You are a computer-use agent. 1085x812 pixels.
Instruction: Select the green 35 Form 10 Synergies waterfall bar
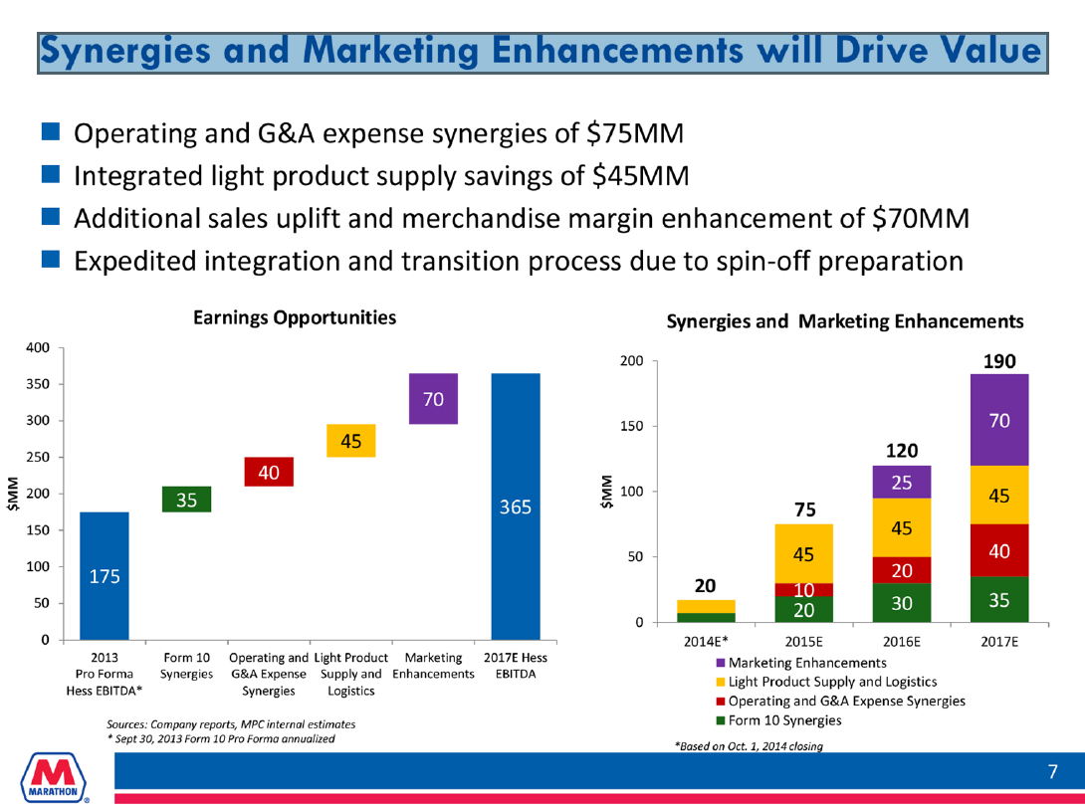[x=186, y=499]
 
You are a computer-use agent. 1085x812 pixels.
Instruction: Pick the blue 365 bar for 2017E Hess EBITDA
[x=516, y=506]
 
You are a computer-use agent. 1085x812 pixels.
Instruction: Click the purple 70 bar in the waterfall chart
[x=432, y=399]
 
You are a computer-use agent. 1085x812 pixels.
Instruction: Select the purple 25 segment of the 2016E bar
[x=902, y=482]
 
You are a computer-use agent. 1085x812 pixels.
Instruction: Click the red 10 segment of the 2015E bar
[x=803, y=590]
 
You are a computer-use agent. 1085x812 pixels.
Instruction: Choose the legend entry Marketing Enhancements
[x=806, y=663]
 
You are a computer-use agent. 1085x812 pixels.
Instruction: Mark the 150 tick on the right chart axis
[x=630, y=427]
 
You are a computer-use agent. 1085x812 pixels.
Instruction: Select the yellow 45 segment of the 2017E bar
[x=1000, y=495]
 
